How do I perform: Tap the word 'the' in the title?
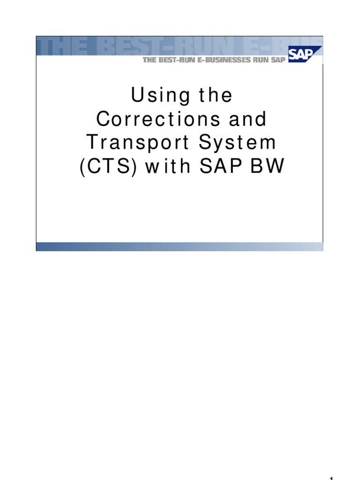[x=216, y=96]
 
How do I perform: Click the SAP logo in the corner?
[x=304, y=55]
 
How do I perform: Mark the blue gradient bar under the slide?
[x=180, y=247]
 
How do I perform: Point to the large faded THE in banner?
[x=61, y=47]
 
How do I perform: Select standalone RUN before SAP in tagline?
[x=261, y=60]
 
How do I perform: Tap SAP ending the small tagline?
[x=278, y=60]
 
